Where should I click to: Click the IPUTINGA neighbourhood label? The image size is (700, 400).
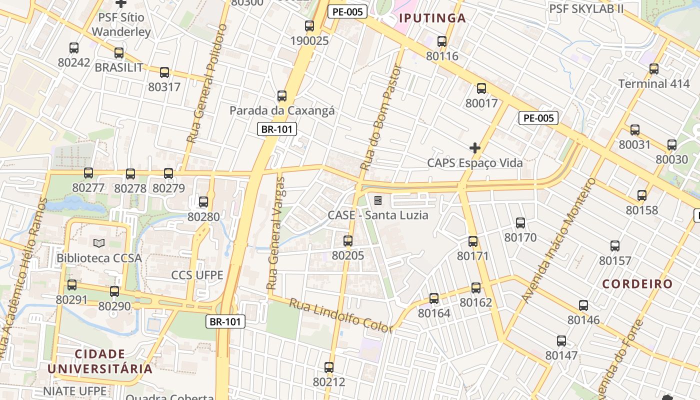pos(432,18)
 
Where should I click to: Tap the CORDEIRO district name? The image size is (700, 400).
pos(637,284)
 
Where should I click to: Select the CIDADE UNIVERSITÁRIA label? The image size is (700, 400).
pos(100,361)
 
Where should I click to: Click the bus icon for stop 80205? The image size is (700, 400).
pos(348,241)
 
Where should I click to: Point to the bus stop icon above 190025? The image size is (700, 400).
pos(309,26)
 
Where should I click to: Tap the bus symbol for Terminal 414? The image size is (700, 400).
pos(654,69)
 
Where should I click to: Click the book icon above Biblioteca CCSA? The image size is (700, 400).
pos(99,243)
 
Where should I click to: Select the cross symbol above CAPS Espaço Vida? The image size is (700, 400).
pos(475,148)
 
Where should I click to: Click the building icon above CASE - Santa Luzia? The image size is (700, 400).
pos(378,200)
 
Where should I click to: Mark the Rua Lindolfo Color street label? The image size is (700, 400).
pos(341,316)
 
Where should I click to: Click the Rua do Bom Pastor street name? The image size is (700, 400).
pos(381,118)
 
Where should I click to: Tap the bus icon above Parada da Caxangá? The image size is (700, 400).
pos(282,95)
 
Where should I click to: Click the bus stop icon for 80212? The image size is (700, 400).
pos(329,367)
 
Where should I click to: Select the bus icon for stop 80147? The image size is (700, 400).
pos(561,341)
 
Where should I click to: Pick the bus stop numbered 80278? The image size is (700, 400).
pos(130,174)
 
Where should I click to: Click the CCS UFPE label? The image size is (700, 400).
pos(197,275)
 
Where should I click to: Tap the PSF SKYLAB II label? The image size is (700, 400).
pos(586,8)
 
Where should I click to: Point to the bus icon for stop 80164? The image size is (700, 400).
pos(434,298)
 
